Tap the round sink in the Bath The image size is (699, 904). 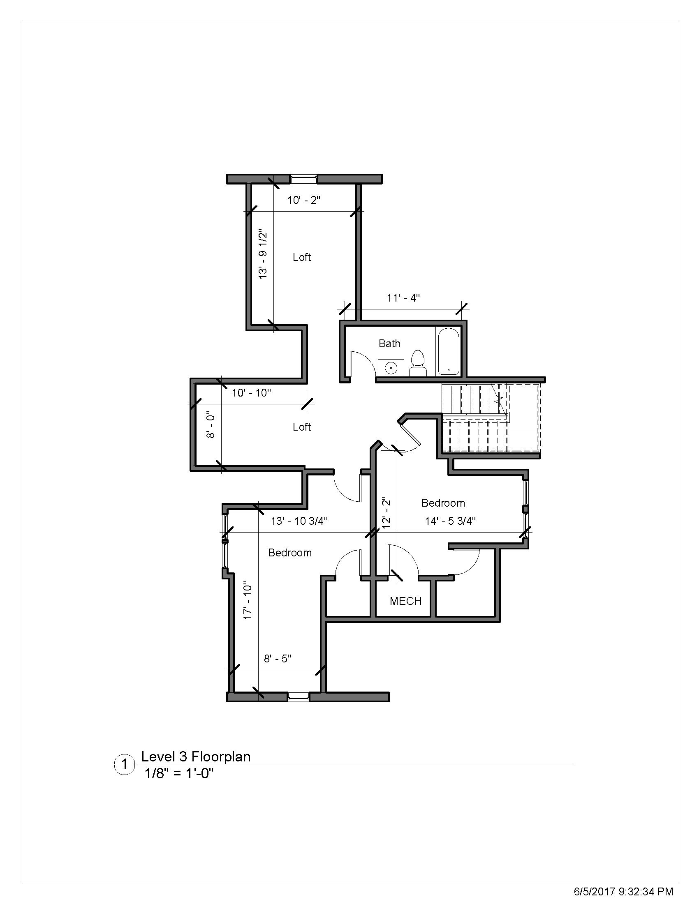click(x=391, y=367)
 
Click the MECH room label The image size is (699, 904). click(x=405, y=601)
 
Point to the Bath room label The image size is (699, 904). click(x=389, y=343)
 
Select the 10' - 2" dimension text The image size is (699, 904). click(x=304, y=201)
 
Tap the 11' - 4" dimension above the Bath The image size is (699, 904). click(x=403, y=297)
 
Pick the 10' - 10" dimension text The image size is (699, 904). click(x=251, y=392)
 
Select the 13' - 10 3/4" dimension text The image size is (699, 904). click(x=299, y=521)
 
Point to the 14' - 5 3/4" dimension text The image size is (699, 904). click(x=450, y=521)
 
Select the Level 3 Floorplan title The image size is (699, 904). click(x=196, y=756)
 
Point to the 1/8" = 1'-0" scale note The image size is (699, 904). click(x=178, y=773)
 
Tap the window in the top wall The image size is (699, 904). click(x=303, y=179)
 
